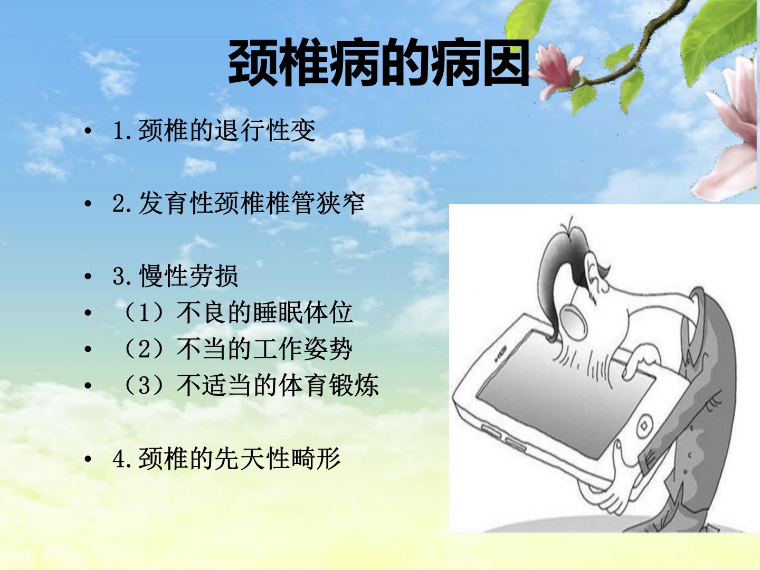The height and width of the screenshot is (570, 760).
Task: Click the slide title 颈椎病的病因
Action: [x=379, y=63]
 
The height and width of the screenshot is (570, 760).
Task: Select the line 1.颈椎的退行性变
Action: [x=214, y=130]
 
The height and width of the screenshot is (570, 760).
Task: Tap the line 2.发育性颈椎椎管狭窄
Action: [x=239, y=203]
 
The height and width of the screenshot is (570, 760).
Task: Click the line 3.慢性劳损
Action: [x=176, y=276]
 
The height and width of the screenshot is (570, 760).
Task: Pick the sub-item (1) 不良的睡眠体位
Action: [x=237, y=312]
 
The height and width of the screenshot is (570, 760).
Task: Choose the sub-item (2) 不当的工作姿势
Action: [x=237, y=349]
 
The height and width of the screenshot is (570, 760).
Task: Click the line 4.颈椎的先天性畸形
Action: [x=226, y=459]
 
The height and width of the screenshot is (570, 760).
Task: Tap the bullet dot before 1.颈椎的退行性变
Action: [x=88, y=131]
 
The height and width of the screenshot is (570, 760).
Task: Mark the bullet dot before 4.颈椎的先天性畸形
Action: [x=88, y=459]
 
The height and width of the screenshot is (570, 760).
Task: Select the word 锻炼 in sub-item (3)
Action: [x=354, y=385]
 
